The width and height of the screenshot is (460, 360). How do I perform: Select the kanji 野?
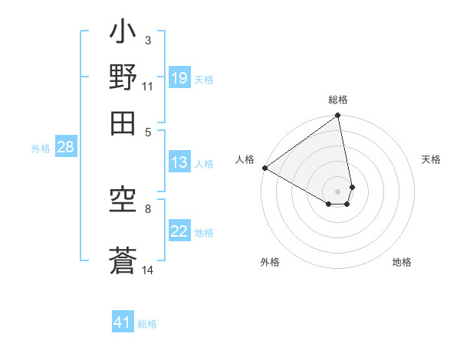click(123, 78)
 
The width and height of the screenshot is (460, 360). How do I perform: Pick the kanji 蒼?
click(123, 260)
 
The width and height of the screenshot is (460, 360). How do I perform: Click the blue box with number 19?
click(179, 78)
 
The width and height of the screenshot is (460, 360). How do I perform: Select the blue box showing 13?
click(179, 162)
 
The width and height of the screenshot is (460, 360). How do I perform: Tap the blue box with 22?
click(179, 232)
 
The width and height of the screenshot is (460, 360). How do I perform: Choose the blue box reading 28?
click(65, 148)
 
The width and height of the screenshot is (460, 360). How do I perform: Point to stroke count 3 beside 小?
click(147, 40)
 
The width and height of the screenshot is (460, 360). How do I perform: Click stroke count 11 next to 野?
click(148, 86)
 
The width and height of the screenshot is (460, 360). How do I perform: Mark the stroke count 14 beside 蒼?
click(148, 270)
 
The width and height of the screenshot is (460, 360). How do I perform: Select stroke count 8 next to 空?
click(147, 208)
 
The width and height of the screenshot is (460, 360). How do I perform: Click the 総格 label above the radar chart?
click(338, 100)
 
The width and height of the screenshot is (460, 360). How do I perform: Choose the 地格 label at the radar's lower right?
click(402, 262)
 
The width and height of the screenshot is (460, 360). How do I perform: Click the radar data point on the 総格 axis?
click(337, 116)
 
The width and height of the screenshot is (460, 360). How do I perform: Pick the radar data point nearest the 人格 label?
click(264, 168)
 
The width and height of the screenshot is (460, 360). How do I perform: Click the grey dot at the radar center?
click(337, 191)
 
